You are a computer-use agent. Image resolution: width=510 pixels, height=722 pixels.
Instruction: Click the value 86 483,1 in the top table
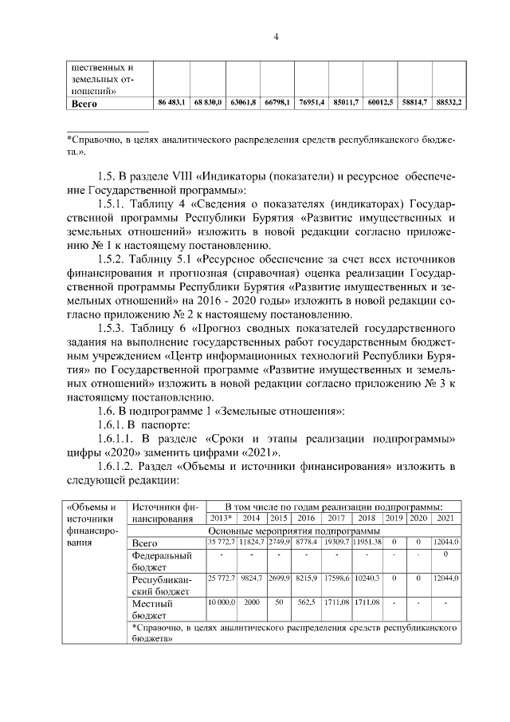172,103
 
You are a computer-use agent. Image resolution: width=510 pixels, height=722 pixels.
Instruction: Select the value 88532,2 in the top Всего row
449,103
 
